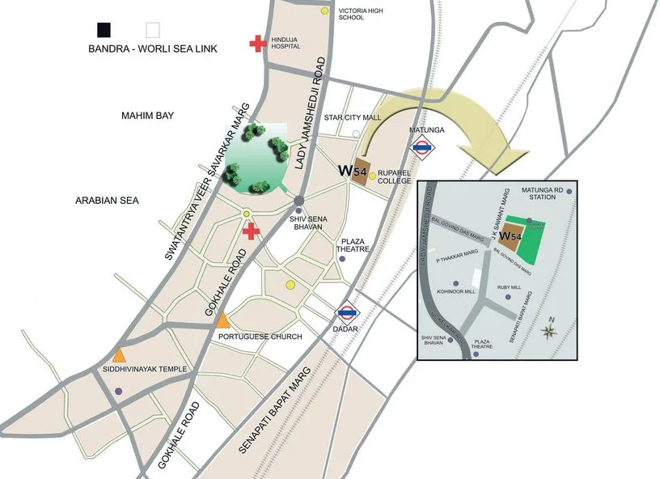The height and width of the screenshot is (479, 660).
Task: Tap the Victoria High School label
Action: (362, 12)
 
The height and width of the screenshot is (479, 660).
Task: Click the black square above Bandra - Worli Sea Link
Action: (104, 30)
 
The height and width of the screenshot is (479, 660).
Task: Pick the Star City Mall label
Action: (352, 117)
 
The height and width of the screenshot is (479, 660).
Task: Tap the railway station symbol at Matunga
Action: (421, 147)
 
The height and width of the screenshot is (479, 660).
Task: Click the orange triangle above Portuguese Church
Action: (223, 320)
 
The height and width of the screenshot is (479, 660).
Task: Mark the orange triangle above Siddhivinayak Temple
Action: (119, 354)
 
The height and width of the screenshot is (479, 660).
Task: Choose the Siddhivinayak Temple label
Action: (146, 370)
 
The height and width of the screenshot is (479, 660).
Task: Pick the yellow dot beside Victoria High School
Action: (325, 11)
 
